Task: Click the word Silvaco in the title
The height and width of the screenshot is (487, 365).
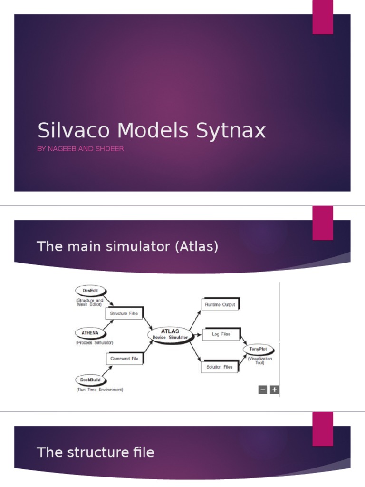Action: (72, 130)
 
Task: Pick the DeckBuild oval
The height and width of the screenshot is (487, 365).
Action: (90, 380)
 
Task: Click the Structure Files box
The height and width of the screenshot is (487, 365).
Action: (124, 313)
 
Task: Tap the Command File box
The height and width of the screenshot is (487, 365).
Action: (124, 359)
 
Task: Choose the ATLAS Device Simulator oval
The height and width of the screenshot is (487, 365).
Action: (170, 334)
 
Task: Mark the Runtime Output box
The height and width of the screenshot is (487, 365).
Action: (220, 304)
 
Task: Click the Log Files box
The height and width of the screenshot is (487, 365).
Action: (221, 334)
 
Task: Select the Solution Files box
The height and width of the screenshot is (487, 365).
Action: (219, 367)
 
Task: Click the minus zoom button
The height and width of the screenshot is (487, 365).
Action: (262, 390)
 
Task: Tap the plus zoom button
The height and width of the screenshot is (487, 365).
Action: (274, 390)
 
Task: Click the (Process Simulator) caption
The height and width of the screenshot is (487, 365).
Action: (95, 342)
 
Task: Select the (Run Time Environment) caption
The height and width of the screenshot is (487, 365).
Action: (99, 390)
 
